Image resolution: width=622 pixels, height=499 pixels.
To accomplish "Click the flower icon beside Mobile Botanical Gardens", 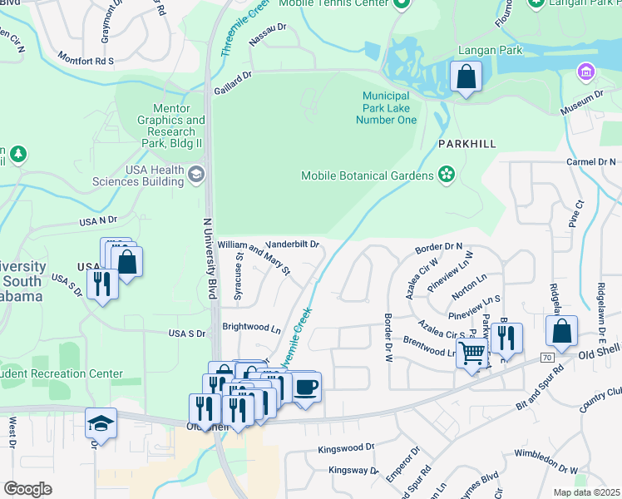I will pyautogui.click(x=447, y=175).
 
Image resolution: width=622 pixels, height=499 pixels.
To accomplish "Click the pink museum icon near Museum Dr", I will pyautogui.click(x=588, y=72).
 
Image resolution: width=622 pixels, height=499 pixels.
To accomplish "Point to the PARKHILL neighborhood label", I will pyautogui.click(x=467, y=144).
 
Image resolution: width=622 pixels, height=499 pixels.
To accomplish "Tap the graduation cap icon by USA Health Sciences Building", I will pyautogui.click(x=196, y=173).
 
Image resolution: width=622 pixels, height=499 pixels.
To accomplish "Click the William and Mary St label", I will pyautogui.click(x=254, y=257).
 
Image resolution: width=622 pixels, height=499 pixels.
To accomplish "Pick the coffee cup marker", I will pyautogui.click(x=305, y=387).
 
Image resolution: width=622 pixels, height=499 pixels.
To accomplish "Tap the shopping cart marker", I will pyautogui.click(x=471, y=353).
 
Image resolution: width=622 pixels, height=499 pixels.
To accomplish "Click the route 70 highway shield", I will pyautogui.click(x=545, y=358).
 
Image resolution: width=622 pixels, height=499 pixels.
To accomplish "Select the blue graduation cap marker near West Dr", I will pyautogui.click(x=101, y=423).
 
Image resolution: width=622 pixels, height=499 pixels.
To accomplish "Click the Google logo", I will pyautogui.click(x=27, y=488).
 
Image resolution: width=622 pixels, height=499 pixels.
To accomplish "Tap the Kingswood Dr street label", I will pyautogui.click(x=347, y=447).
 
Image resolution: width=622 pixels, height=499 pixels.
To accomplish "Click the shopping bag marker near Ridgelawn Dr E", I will pyautogui.click(x=562, y=331).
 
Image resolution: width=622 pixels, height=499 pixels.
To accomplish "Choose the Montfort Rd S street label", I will pyautogui.click(x=85, y=59).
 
